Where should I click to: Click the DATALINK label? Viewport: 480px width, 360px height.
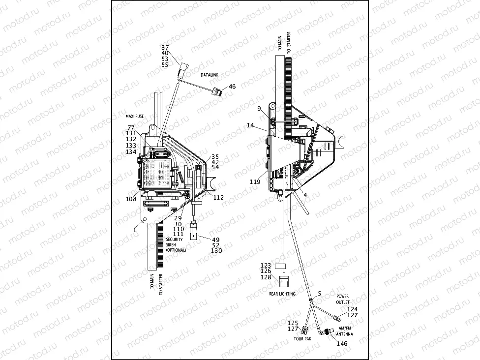(x=209, y=75)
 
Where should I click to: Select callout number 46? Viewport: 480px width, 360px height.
(x=232, y=87)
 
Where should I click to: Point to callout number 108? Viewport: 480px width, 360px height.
(x=131, y=199)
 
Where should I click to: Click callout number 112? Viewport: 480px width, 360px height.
(x=218, y=198)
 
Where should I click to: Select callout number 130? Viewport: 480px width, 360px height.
(x=216, y=251)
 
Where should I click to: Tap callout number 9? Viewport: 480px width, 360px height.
(x=258, y=108)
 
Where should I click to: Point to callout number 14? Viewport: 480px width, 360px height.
(x=250, y=126)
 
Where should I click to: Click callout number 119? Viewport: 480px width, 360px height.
(x=255, y=181)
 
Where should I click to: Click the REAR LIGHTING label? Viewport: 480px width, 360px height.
(x=282, y=294)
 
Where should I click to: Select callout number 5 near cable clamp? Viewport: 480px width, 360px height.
(x=319, y=294)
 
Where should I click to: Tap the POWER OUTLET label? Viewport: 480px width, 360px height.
(x=343, y=300)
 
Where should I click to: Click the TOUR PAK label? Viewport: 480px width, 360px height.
(x=301, y=339)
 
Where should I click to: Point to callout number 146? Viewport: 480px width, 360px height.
(x=341, y=343)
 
